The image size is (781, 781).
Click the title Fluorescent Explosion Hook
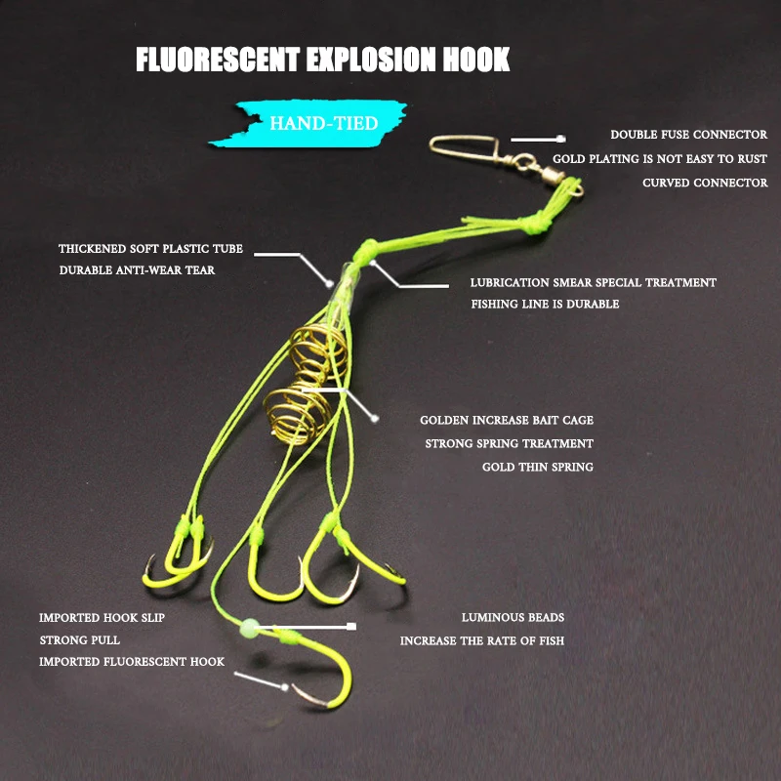[x=322, y=60]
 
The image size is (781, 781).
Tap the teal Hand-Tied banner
[x=322, y=124]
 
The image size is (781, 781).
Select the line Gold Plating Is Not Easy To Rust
[x=660, y=158]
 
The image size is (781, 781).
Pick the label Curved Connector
[x=705, y=183]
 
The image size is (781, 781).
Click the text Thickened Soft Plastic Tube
[x=150, y=249]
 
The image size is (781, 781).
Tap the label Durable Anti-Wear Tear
[x=137, y=270]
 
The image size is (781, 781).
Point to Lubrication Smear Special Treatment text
[x=593, y=282]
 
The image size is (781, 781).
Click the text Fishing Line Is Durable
[x=545, y=304]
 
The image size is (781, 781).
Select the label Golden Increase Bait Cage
[x=506, y=420]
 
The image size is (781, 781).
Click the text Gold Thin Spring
[x=537, y=468]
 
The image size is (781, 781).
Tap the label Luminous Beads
[x=513, y=617]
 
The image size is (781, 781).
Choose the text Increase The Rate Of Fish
[x=481, y=641]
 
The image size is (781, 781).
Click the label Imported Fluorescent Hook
[x=132, y=662]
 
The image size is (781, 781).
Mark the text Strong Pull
[x=80, y=640]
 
